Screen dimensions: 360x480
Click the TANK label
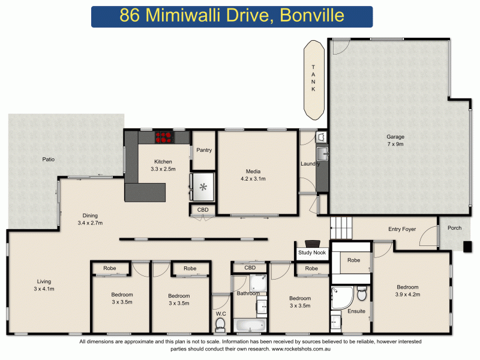pyautogui.click(x=313, y=78)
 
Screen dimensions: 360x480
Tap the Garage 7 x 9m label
pyautogui.click(x=395, y=140)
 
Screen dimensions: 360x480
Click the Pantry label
pyautogui.click(x=204, y=150)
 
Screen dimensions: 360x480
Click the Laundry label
pyautogui.click(x=310, y=164)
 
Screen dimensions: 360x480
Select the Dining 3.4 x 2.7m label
pyautogui.click(x=90, y=219)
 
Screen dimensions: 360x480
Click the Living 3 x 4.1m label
pyautogui.click(x=44, y=285)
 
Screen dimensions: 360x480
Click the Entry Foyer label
pyautogui.click(x=402, y=229)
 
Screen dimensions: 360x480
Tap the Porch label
pyautogui.click(x=454, y=227)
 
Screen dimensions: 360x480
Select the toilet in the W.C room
pyautogui.click(x=220, y=324)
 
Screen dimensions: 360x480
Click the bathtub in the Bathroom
pyautogui.click(x=249, y=325)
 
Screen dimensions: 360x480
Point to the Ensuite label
pyautogui.click(x=356, y=311)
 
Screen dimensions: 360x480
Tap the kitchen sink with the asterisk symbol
pyautogui.click(x=203, y=187)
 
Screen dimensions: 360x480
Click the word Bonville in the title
pyautogui.click(x=317, y=16)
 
